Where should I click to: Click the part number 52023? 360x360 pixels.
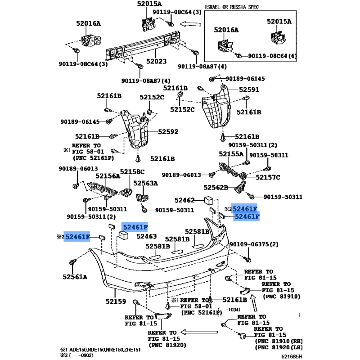tap(157, 61)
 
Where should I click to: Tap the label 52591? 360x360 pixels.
tap(249, 90)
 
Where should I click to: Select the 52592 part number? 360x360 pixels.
tap(168, 132)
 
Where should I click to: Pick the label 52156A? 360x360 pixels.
tap(108, 176)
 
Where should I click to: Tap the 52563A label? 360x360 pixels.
tap(145, 183)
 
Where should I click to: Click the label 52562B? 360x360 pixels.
tap(216, 187)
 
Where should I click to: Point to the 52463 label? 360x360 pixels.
tap(146, 236)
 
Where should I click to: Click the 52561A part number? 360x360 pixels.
tap(75, 277)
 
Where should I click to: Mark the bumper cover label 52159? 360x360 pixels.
tap(116, 301)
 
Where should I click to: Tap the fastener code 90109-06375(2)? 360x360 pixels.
tap(254, 244)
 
